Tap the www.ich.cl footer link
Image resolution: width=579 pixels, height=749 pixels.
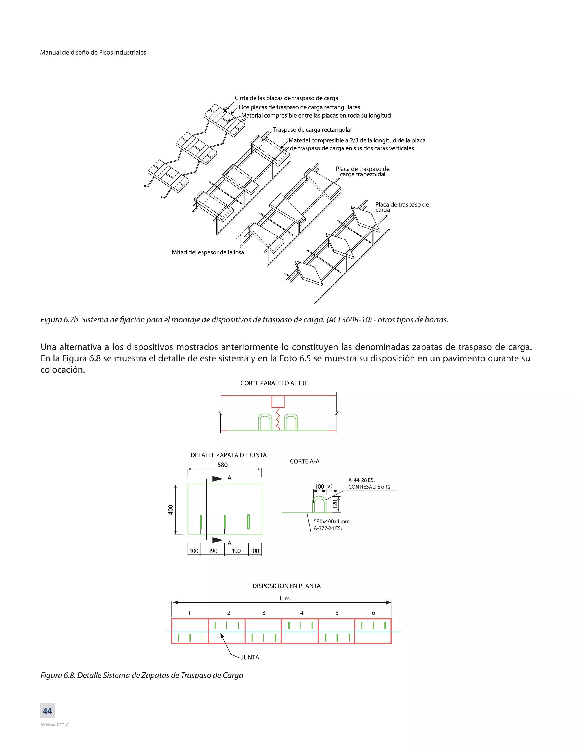point(56,725)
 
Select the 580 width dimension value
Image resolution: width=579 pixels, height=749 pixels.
point(222,465)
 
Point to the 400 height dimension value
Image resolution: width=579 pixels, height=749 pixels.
point(171,510)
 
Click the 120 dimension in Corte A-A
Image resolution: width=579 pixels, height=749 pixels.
point(335,504)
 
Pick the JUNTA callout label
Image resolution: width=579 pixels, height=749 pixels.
point(250,657)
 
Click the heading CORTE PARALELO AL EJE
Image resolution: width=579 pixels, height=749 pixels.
point(274,383)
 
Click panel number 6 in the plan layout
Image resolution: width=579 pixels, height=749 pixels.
point(373,613)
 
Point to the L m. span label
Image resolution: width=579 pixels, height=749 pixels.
point(285,598)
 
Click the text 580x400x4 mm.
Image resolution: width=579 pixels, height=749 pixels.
point(332,522)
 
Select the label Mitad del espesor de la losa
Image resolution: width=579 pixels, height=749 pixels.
point(208,252)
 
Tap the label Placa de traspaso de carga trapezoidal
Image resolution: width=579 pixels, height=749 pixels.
point(362,172)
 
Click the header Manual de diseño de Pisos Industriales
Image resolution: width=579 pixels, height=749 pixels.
point(93,53)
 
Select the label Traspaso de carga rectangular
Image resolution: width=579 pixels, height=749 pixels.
point(312,130)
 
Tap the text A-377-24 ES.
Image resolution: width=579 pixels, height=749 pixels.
point(328,529)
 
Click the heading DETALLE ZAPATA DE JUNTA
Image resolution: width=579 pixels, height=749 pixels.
point(228,455)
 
